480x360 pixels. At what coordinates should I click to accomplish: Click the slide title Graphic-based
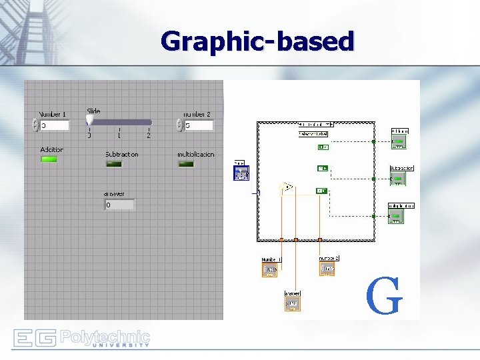[257, 41]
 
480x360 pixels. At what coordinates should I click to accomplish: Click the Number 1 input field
[55, 125]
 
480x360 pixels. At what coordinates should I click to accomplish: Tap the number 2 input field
[199, 125]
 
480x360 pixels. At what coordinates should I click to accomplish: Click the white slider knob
[89, 120]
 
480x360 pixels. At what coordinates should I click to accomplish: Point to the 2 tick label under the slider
[149, 135]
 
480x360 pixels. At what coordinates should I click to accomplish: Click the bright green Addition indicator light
[49, 159]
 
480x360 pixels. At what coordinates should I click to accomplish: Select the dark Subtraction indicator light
[114, 164]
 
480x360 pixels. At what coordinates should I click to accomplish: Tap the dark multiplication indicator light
[186, 164]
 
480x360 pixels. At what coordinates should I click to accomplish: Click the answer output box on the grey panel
[119, 205]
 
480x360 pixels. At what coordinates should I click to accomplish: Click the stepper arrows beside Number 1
[35, 125]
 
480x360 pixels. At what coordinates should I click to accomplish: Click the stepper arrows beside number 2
[179, 125]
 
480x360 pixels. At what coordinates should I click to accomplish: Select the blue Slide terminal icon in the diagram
[241, 173]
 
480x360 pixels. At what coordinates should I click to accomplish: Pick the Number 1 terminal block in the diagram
[271, 269]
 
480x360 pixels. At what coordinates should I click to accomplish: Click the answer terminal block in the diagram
[292, 303]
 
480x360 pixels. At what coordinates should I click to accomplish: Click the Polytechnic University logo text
[105, 338]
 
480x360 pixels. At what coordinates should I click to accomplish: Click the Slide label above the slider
[93, 111]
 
